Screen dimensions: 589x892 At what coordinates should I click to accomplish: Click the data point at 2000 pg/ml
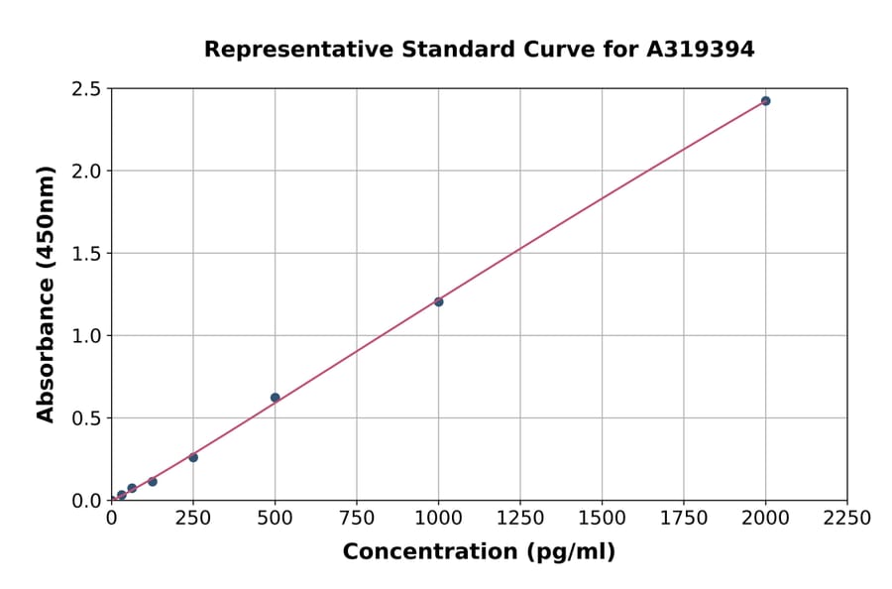tap(765, 101)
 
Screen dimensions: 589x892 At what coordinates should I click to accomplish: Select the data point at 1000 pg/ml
tap(438, 301)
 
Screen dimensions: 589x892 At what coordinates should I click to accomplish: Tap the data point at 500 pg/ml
tap(276, 398)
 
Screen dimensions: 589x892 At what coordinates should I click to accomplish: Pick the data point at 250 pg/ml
tap(193, 457)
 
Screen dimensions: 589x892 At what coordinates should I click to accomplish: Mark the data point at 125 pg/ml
tap(153, 482)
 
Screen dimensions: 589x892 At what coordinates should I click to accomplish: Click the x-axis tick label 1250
tap(520, 519)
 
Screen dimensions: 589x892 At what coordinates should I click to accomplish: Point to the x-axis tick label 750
tap(357, 519)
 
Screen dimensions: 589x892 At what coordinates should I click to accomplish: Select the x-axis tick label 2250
tap(847, 519)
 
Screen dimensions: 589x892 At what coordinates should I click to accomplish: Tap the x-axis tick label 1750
tap(684, 519)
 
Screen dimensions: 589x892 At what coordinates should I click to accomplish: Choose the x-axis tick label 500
tap(276, 519)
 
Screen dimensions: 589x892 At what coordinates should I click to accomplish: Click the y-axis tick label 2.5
tap(86, 89)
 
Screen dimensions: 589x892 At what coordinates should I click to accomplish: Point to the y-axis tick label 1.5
tap(86, 254)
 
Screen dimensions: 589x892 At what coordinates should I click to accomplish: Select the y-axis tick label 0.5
tap(86, 418)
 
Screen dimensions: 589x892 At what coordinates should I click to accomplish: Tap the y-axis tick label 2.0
tap(86, 172)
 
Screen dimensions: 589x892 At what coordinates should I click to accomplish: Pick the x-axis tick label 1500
tap(602, 519)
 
